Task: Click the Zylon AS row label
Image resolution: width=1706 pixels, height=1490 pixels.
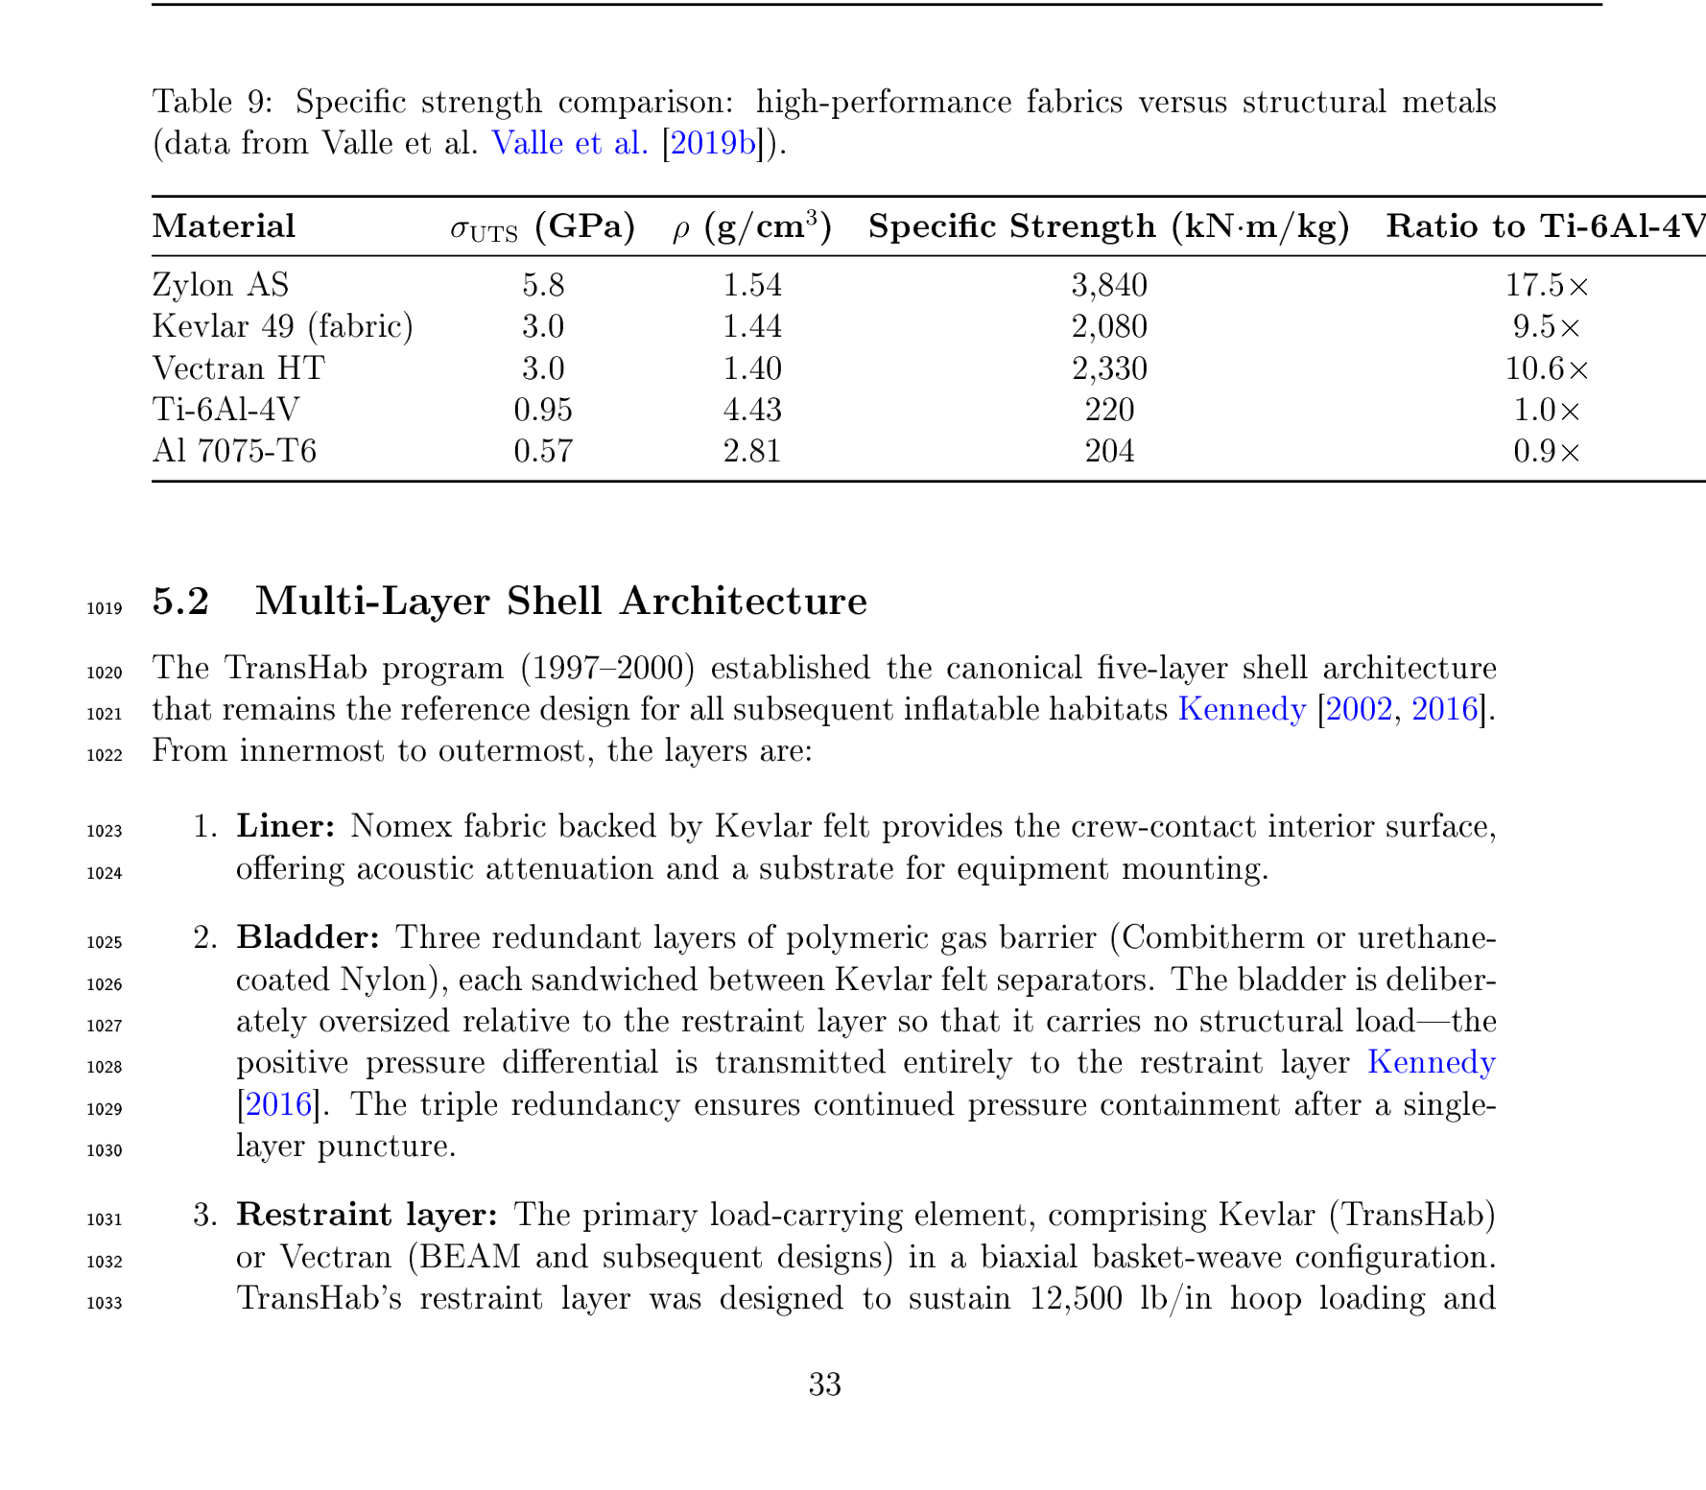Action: click(x=220, y=285)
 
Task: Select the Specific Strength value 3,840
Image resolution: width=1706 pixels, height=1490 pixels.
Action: click(x=1108, y=285)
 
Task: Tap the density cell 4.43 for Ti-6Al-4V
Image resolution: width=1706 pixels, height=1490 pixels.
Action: click(x=751, y=410)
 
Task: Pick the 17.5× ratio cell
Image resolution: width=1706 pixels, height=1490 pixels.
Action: click(x=1546, y=285)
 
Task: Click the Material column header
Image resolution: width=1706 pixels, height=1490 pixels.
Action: click(x=224, y=226)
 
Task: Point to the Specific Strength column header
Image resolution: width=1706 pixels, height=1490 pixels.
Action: click(x=1108, y=226)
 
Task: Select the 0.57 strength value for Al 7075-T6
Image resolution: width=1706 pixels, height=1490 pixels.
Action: click(x=542, y=451)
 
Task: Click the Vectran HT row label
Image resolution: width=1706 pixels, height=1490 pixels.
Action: click(x=238, y=368)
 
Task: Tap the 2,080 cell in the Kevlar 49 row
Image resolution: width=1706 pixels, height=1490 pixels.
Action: click(x=1108, y=327)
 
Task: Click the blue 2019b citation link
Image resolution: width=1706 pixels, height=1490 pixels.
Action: click(x=712, y=143)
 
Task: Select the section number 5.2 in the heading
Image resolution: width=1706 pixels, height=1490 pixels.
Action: click(x=180, y=602)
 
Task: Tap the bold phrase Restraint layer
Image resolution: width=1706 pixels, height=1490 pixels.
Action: click(x=367, y=1215)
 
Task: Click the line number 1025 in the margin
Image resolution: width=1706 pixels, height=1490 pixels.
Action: click(x=105, y=942)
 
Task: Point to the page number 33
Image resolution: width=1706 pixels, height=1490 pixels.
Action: click(x=824, y=1384)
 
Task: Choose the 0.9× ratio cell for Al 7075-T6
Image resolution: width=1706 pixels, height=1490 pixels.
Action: click(x=1546, y=451)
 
